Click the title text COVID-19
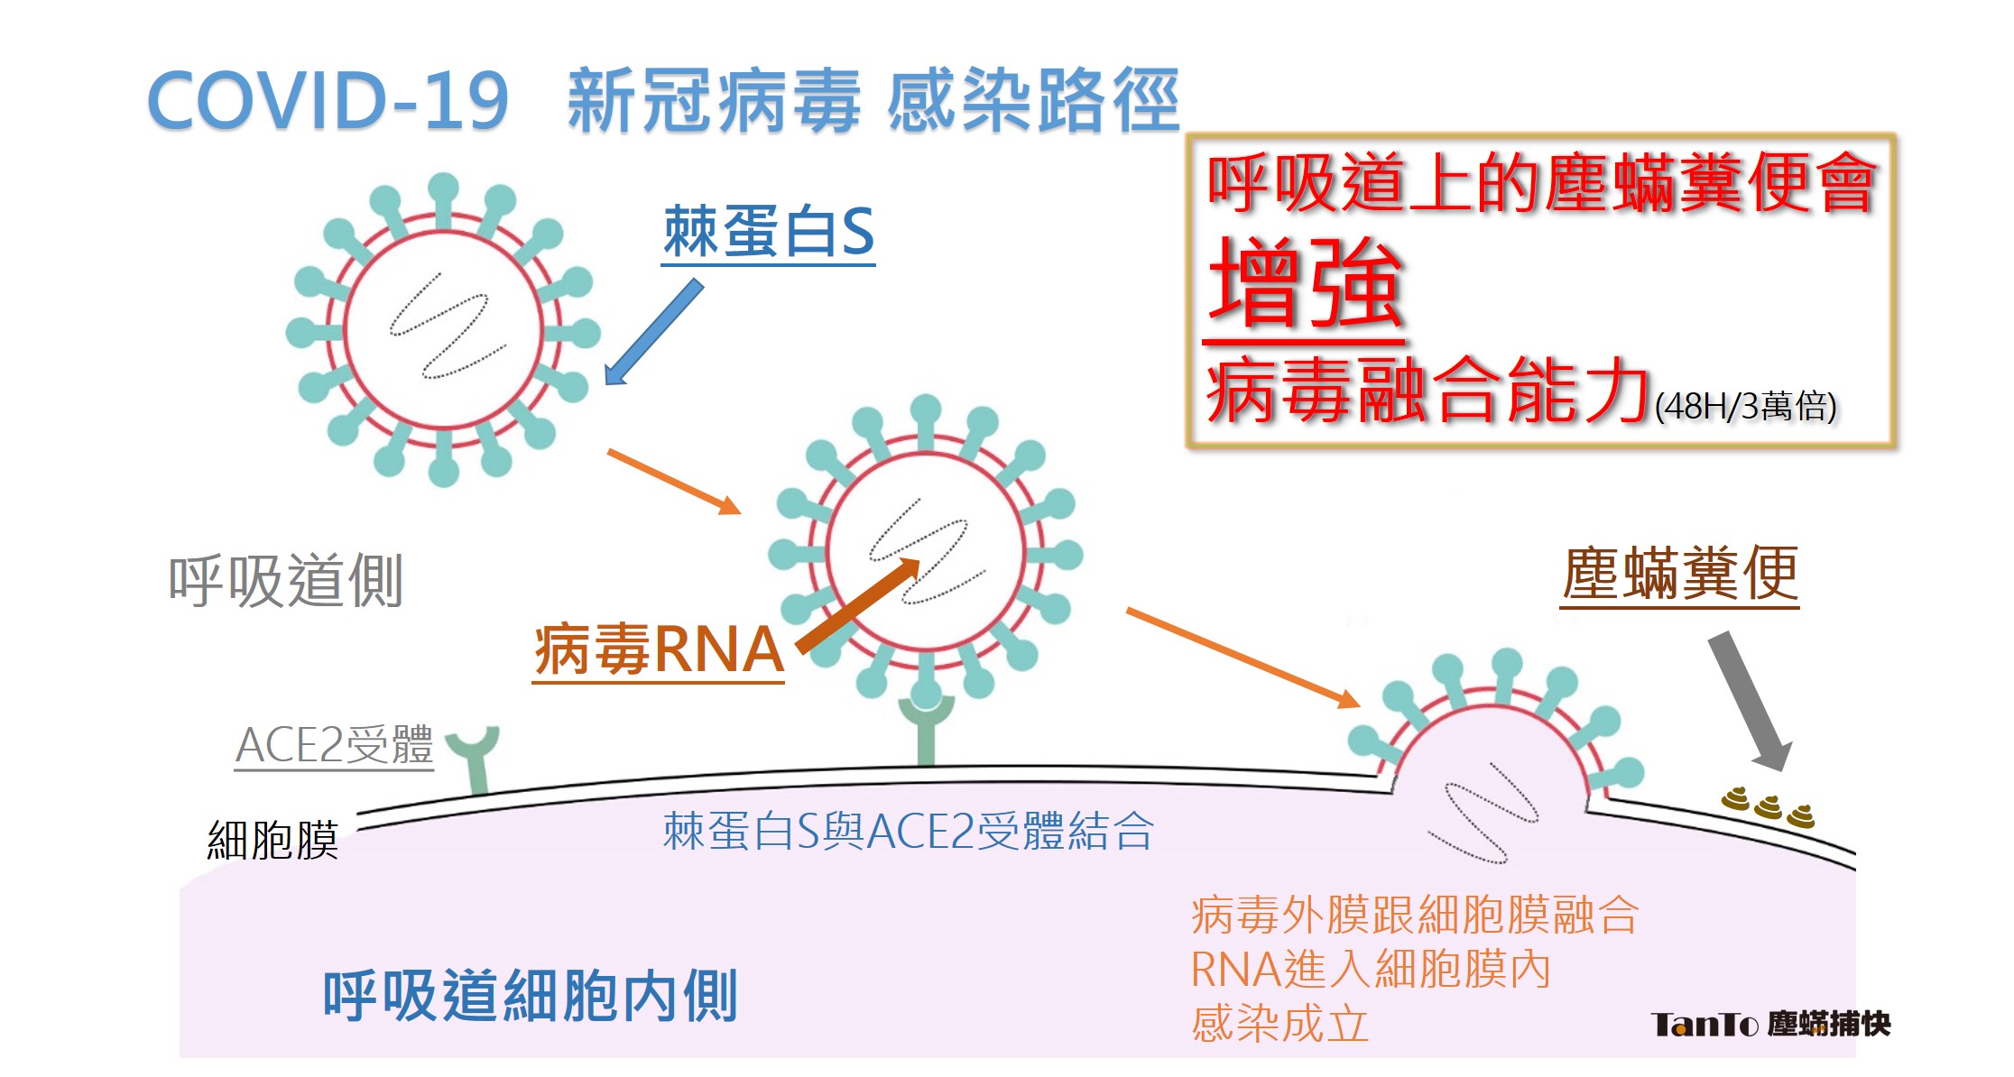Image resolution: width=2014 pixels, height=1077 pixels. click(x=328, y=100)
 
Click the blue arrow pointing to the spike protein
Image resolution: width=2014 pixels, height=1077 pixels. click(x=653, y=332)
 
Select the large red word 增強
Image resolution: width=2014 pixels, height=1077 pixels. click(x=1305, y=283)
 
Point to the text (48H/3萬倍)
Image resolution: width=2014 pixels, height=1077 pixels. click(x=1746, y=406)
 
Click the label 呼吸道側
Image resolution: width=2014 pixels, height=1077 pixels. click(x=285, y=581)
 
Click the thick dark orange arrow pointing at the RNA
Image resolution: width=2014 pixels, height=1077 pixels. click(x=857, y=606)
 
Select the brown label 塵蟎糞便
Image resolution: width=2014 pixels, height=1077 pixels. click(x=1680, y=574)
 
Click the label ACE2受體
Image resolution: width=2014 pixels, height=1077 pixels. click(x=334, y=746)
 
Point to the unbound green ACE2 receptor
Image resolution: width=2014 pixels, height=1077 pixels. click(x=475, y=759)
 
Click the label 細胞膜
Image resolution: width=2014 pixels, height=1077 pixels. click(x=273, y=841)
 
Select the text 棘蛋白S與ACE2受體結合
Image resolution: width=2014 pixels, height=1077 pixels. click(x=909, y=831)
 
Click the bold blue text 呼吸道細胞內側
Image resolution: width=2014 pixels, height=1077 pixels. click(x=531, y=996)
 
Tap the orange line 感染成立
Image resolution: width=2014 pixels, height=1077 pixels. click(x=1280, y=1024)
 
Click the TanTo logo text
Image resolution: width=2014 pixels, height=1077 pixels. click(x=1770, y=1024)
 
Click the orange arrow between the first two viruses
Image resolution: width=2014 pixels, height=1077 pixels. click(x=674, y=482)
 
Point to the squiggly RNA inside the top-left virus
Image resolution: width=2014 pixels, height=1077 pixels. click(x=447, y=327)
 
